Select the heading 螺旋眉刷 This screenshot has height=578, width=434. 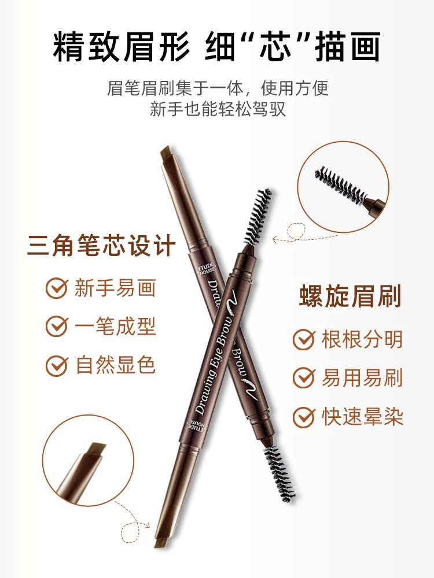[350, 296]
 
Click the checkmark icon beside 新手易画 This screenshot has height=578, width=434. [57, 288]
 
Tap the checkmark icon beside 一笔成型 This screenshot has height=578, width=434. [57, 326]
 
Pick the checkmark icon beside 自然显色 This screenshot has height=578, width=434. [57, 365]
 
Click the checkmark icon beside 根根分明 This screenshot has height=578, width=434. [304, 339]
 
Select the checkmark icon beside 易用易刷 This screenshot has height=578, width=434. [304, 378]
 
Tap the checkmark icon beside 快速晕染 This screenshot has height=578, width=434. [304, 417]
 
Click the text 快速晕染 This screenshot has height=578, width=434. [362, 417]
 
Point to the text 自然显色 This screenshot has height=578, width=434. [115, 365]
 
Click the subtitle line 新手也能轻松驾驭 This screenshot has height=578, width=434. [218, 109]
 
